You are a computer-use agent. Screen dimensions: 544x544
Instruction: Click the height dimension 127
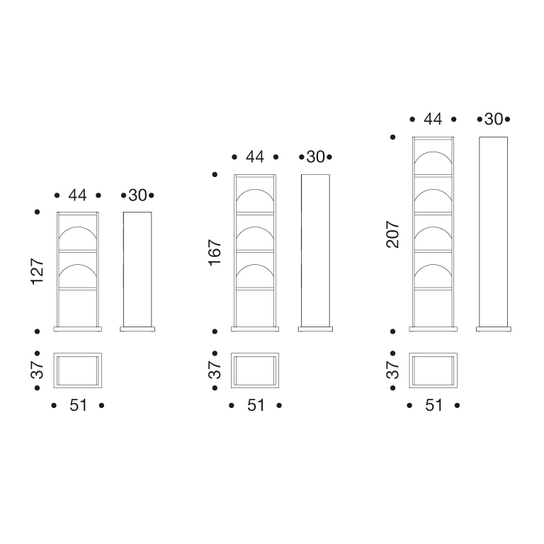38,271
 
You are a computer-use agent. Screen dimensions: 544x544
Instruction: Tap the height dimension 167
215,253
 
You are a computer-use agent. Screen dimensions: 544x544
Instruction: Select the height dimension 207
392,234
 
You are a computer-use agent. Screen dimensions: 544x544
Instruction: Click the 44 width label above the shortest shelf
77,195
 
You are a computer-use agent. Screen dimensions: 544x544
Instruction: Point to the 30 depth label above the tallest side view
493,119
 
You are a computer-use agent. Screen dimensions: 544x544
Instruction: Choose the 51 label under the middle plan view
256,405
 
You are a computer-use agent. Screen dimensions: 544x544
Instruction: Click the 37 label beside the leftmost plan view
38,370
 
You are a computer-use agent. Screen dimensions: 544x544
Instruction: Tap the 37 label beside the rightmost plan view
392,370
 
